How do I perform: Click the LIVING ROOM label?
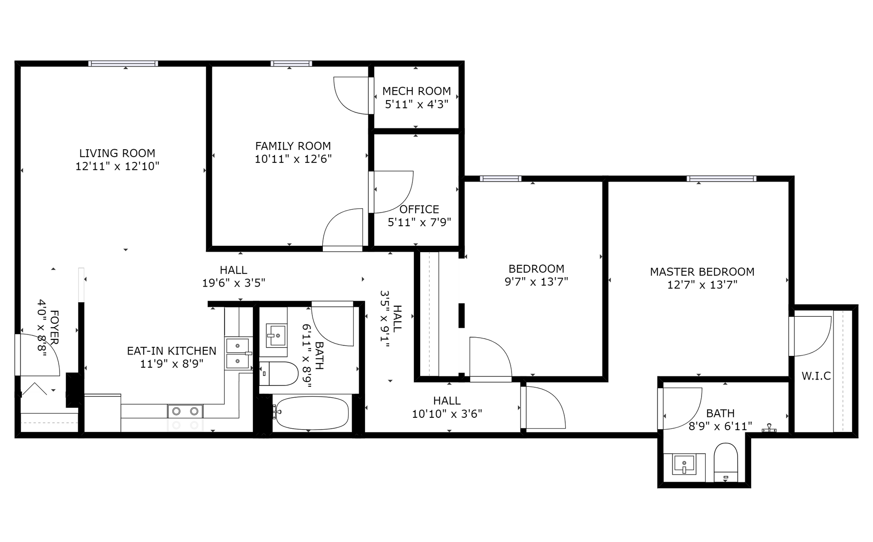[117, 153]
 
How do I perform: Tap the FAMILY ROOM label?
[293, 146]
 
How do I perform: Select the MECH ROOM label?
[416, 91]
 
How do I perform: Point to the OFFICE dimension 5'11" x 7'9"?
[419, 223]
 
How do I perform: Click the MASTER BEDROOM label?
[702, 272]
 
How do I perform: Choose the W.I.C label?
[816, 376]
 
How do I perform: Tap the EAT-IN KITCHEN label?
[171, 351]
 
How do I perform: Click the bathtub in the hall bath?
[311, 413]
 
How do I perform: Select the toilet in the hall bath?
[278, 374]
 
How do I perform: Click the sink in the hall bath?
[276, 335]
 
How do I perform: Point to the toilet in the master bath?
[726, 462]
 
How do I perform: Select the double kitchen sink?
[237, 353]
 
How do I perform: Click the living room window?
[123, 64]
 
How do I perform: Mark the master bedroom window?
[722, 179]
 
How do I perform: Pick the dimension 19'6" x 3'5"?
[234, 283]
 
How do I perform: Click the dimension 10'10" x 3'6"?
[447, 414]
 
